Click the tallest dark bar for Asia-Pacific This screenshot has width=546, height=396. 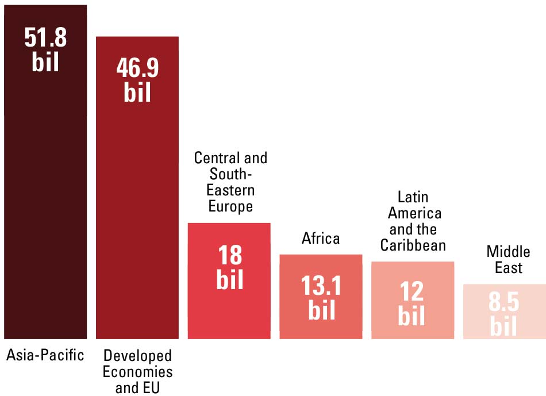[45, 201]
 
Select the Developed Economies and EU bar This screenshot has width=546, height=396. [137, 218]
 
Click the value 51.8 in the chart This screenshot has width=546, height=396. [45, 38]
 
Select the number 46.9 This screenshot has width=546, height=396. [137, 68]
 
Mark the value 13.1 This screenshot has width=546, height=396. [321, 286]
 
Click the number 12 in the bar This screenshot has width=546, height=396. [413, 292]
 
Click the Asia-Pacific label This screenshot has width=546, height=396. [45, 355]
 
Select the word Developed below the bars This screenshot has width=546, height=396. [137, 355]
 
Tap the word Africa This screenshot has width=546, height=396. [321, 238]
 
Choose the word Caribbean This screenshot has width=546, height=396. [413, 245]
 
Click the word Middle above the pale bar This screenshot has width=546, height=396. [508, 252]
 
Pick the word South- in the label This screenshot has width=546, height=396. [230, 174]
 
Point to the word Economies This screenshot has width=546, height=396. [137, 371]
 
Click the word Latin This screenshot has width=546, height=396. [413, 198]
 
